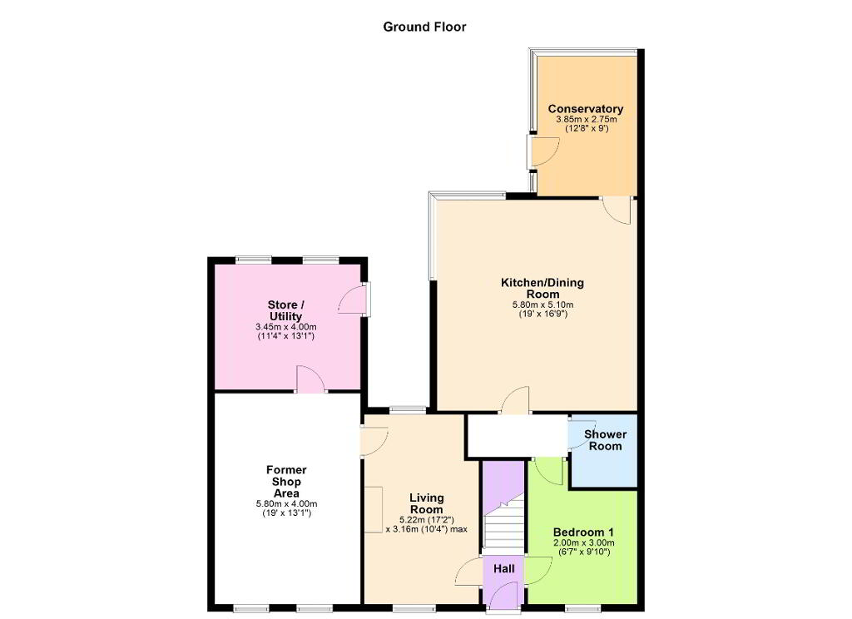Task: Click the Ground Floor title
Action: pyautogui.click(x=424, y=27)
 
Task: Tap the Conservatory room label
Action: pyautogui.click(x=585, y=109)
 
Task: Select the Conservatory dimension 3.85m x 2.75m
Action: pyautogui.click(x=586, y=119)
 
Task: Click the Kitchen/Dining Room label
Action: pyautogui.click(x=542, y=288)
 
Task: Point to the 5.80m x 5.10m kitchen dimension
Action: pyautogui.click(x=542, y=305)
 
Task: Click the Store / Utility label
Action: pyautogui.click(x=286, y=310)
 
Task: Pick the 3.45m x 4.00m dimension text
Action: pyautogui.click(x=286, y=327)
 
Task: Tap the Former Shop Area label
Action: pyautogui.click(x=286, y=482)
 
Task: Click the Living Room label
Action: pyautogui.click(x=427, y=504)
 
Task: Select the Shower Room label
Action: pyautogui.click(x=606, y=440)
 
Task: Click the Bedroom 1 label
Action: pyautogui.click(x=583, y=532)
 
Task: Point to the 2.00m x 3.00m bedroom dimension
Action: pyautogui.click(x=583, y=543)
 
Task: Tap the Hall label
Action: pyautogui.click(x=503, y=569)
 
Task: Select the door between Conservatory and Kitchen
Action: pyautogui.click(x=617, y=210)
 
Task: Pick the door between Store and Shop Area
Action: pyautogui.click(x=310, y=379)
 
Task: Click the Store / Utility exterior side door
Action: pyautogui.click(x=354, y=299)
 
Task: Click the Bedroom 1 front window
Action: pyautogui.click(x=583, y=607)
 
